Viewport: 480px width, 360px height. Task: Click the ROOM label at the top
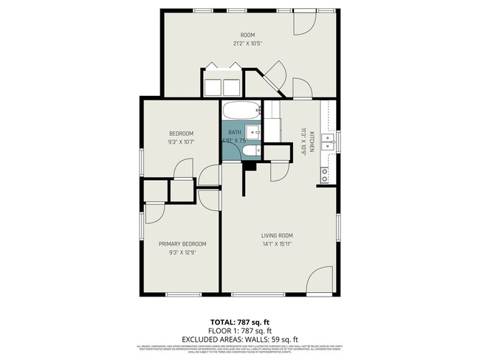pyautogui.click(x=247, y=35)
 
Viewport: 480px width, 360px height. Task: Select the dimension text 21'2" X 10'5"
pyautogui.click(x=247, y=43)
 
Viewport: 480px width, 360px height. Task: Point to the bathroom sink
pyautogui.click(x=253, y=133)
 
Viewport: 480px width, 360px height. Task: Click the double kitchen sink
pyautogui.click(x=328, y=141)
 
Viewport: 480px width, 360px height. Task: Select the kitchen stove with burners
pyautogui.click(x=325, y=176)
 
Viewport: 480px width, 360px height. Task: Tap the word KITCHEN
pyautogui.click(x=312, y=140)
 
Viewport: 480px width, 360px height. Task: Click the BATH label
pyautogui.click(x=234, y=132)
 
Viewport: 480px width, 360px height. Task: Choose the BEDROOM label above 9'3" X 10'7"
pyautogui.click(x=181, y=134)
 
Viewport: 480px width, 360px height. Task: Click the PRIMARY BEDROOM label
pyautogui.click(x=182, y=244)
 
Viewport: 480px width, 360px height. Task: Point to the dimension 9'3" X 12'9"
pyautogui.click(x=182, y=252)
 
